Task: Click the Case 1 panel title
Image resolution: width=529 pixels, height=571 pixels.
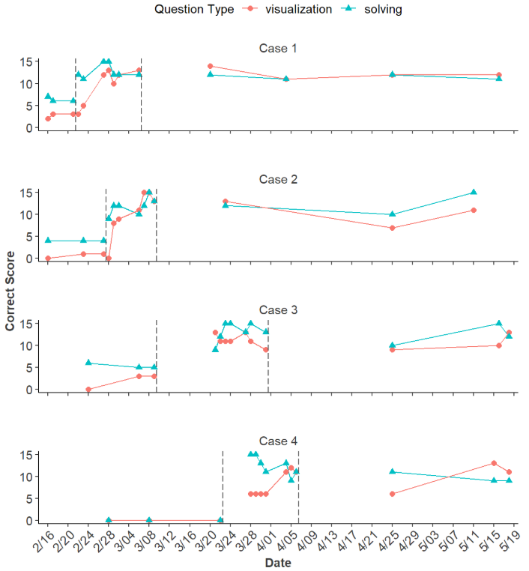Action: [278, 49]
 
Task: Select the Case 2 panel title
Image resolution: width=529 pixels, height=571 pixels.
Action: [278, 180]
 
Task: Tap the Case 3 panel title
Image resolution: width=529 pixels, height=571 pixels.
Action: [278, 310]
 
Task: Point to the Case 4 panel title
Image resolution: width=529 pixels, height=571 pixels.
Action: [278, 441]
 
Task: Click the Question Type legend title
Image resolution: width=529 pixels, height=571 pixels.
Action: [194, 9]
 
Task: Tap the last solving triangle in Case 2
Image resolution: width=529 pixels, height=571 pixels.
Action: [474, 193]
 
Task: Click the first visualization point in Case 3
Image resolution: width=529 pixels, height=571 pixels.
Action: [88, 390]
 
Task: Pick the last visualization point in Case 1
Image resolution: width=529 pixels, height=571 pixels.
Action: [499, 75]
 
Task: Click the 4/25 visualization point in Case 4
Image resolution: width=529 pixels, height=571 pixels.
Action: [393, 494]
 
